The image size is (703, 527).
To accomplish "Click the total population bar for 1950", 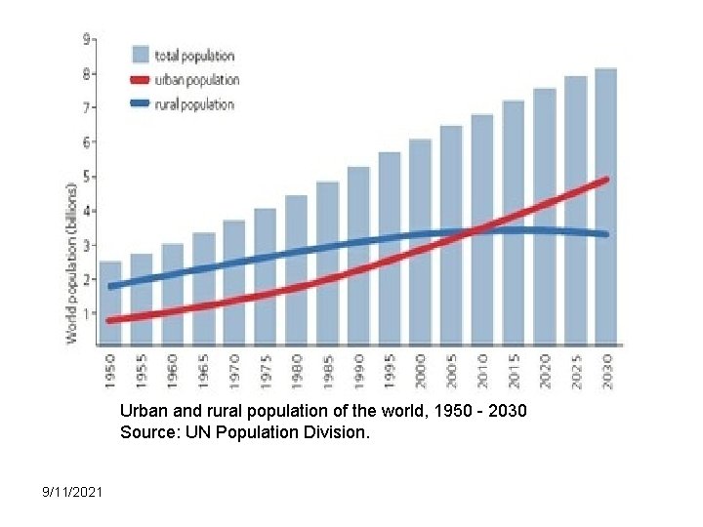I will point(110,303).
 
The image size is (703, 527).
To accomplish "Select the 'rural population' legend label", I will point(194,104).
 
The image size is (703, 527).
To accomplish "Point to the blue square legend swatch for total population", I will point(140,56).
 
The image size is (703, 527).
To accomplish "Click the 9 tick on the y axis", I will point(87,40).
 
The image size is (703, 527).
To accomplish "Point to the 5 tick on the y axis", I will point(87,177).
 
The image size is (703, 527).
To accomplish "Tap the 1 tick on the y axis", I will point(87,313).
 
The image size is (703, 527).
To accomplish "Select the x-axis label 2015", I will point(514,372).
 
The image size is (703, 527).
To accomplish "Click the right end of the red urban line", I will point(605,181).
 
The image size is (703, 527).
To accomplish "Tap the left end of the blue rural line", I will point(111,286).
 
